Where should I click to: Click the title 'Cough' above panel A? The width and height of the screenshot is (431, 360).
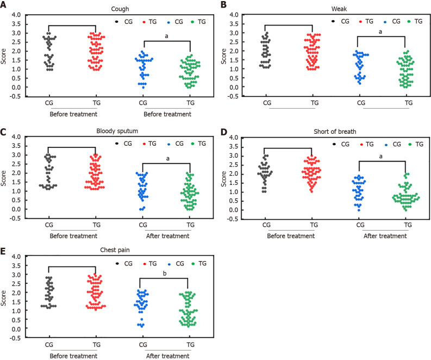(120, 9)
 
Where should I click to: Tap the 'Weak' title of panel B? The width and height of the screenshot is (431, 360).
(339, 9)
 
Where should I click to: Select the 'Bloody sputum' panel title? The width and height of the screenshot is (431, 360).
(117, 131)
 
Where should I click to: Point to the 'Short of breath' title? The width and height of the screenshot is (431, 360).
(335, 132)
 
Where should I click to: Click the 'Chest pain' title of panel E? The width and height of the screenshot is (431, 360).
(115, 250)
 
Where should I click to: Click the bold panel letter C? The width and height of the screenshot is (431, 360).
(3, 132)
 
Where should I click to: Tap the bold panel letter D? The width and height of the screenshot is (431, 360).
(224, 132)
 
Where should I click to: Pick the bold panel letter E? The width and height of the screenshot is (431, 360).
(3, 251)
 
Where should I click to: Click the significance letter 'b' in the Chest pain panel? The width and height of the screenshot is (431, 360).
(165, 274)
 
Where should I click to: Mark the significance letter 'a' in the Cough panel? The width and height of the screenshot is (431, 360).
(166, 36)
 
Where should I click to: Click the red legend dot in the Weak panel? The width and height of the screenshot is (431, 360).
(360, 21)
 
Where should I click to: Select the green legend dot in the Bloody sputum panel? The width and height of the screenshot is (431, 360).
(193, 144)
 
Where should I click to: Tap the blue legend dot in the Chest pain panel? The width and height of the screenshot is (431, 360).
(169, 264)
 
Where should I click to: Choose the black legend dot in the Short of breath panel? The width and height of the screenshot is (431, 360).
(333, 144)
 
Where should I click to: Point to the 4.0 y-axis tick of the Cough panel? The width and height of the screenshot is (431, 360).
(16, 15)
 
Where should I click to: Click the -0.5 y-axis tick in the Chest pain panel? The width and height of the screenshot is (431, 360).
(15, 338)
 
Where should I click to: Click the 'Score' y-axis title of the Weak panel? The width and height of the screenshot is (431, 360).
(224, 57)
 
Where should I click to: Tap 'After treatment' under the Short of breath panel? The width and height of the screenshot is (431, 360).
(385, 236)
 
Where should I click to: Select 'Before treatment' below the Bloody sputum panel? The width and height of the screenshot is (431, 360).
(73, 236)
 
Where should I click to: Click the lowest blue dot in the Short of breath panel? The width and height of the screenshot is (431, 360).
(358, 210)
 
